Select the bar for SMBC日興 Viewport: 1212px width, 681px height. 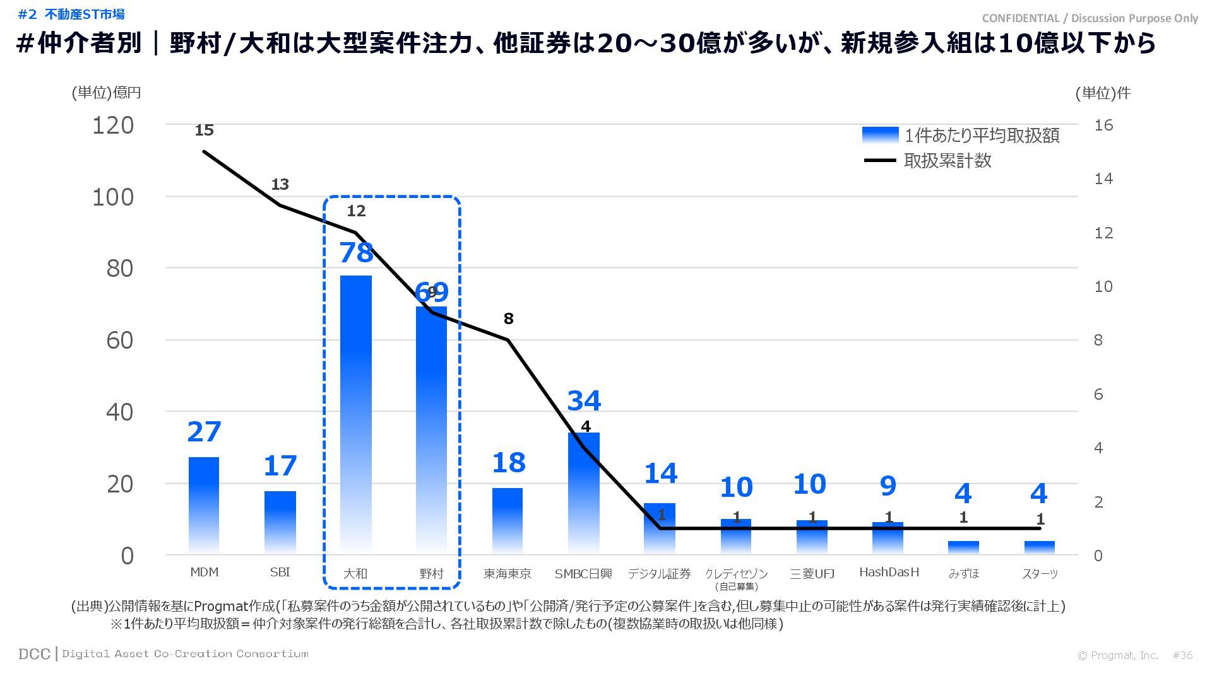click(584, 492)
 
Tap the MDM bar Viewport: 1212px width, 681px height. click(204, 504)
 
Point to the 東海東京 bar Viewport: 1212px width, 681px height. click(508, 520)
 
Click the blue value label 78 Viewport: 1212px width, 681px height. click(357, 253)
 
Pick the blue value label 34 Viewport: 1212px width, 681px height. click(584, 401)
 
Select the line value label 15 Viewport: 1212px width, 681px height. click(204, 131)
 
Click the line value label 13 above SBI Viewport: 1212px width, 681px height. click(280, 185)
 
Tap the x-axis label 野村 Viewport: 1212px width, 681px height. click(432, 574)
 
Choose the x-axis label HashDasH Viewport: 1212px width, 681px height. click(889, 573)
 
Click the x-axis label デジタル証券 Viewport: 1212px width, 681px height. click(660, 574)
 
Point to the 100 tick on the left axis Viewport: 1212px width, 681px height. click(113, 197)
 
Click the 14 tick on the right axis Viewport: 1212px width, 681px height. click(1103, 179)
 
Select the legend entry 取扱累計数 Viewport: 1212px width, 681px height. click(948, 161)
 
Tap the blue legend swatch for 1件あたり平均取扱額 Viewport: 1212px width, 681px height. click(880, 136)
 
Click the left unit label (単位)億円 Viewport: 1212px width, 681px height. click(106, 93)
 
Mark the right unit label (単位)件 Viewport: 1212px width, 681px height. click(1103, 93)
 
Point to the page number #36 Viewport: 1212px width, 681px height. click(1182, 656)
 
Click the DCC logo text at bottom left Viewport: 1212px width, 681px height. click(34, 654)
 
